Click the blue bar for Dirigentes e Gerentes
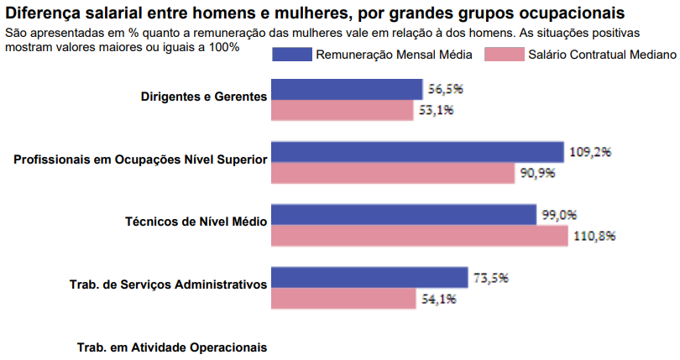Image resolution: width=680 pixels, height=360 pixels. (346, 90)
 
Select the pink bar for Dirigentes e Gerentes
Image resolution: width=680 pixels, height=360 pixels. (342, 110)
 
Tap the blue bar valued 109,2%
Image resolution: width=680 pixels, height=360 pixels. (416, 152)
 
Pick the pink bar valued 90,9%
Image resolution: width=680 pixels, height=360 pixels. (392, 173)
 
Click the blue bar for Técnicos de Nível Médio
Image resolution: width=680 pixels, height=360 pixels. (403, 215)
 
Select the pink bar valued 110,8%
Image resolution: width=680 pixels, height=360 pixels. (419, 236)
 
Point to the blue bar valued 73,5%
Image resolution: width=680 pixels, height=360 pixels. (369, 277)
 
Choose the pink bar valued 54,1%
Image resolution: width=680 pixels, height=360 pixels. (343, 298)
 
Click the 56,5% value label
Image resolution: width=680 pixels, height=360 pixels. (446, 88)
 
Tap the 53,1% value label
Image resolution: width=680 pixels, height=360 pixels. (436, 109)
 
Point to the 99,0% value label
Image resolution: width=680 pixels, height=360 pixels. (559, 214)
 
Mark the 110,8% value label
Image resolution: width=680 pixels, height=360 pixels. (594, 236)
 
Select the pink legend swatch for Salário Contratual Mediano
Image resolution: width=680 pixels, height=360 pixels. (506, 54)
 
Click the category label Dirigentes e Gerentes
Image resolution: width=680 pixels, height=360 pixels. (204, 97)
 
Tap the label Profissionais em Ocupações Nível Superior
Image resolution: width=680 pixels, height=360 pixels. (140, 159)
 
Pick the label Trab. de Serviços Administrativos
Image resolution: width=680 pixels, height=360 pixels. (168, 284)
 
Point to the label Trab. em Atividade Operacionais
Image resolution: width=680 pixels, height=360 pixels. (171, 347)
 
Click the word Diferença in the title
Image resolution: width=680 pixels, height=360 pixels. (44, 13)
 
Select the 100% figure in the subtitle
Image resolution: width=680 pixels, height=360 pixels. (222, 47)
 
